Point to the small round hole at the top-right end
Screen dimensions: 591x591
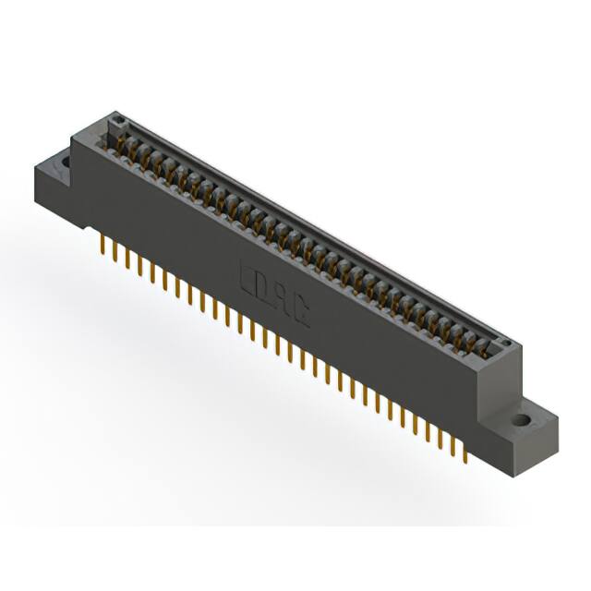coord(503,344)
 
